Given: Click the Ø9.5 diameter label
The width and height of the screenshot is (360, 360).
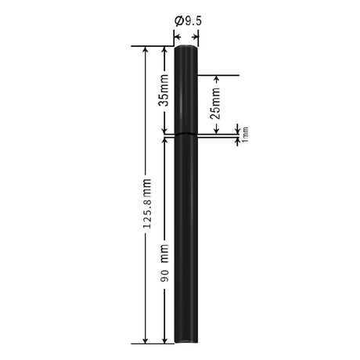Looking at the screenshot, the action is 189,21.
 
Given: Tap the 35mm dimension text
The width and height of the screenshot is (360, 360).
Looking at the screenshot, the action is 164,90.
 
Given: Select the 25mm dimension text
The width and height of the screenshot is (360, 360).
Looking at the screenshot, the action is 215,103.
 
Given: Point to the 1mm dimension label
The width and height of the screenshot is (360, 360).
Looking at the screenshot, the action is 245,135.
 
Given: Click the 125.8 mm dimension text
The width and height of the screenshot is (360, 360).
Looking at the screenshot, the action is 147,203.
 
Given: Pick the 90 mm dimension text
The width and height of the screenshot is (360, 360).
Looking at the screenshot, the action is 164,263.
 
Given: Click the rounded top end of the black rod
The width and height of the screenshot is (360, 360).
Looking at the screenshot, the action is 186,47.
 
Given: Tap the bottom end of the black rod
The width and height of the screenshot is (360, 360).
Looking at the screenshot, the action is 186,341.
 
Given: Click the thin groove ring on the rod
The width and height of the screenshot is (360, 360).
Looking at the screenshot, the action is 186,134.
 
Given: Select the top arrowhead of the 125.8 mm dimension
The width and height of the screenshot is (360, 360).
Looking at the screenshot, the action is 146,49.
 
